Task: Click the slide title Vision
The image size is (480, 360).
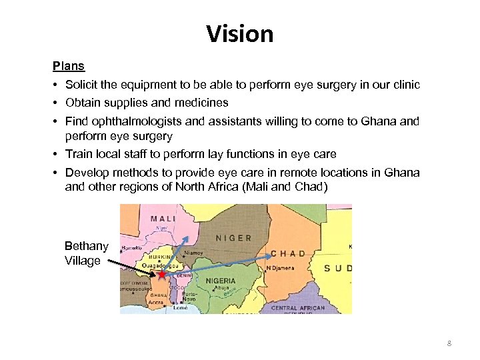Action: [x=240, y=33]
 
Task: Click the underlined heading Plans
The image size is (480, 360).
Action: [x=69, y=66]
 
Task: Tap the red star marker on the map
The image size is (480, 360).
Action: [x=162, y=273]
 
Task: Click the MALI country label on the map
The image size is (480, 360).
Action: [x=163, y=218]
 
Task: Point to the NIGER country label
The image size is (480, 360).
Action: [x=233, y=237]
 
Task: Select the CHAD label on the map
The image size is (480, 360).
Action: [x=288, y=253]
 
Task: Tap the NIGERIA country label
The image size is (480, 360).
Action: [x=220, y=281]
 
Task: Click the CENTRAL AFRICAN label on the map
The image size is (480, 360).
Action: [x=298, y=308]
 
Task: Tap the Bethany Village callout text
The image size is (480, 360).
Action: [x=86, y=253]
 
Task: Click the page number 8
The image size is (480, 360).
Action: [x=449, y=343]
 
